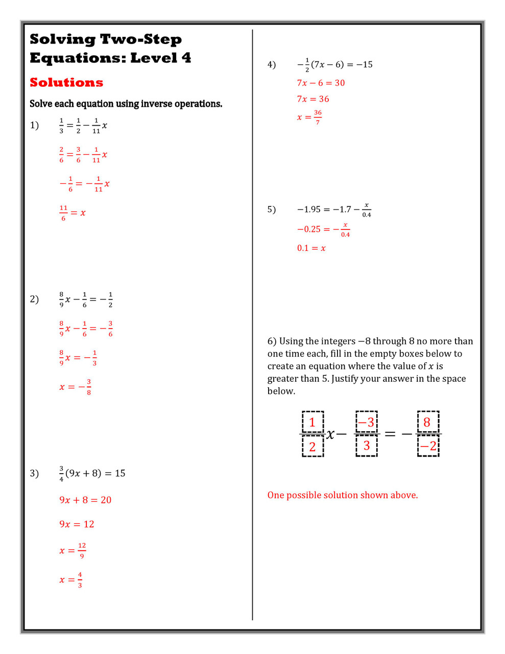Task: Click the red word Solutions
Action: [x=66, y=82]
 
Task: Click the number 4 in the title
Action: [x=186, y=58]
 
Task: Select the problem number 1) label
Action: [x=34, y=125]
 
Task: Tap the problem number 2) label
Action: [x=34, y=299]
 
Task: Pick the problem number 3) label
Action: [x=34, y=473]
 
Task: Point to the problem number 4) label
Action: [x=272, y=64]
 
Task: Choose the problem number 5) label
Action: [x=272, y=209]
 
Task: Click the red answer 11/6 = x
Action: [x=73, y=213]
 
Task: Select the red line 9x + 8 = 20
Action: [x=85, y=500]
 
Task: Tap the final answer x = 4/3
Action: [x=71, y=580]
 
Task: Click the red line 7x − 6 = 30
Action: [x=321, y=83]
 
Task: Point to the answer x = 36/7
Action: [x=309, y=117]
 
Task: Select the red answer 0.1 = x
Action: [x=311, y=248]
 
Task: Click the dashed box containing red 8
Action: [x=428, y=422]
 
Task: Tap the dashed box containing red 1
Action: [x=312, y=422]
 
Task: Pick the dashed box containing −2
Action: [x=428, y=446]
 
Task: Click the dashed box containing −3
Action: [x=366, y=422]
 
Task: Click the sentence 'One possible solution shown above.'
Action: [x=343, y=495]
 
